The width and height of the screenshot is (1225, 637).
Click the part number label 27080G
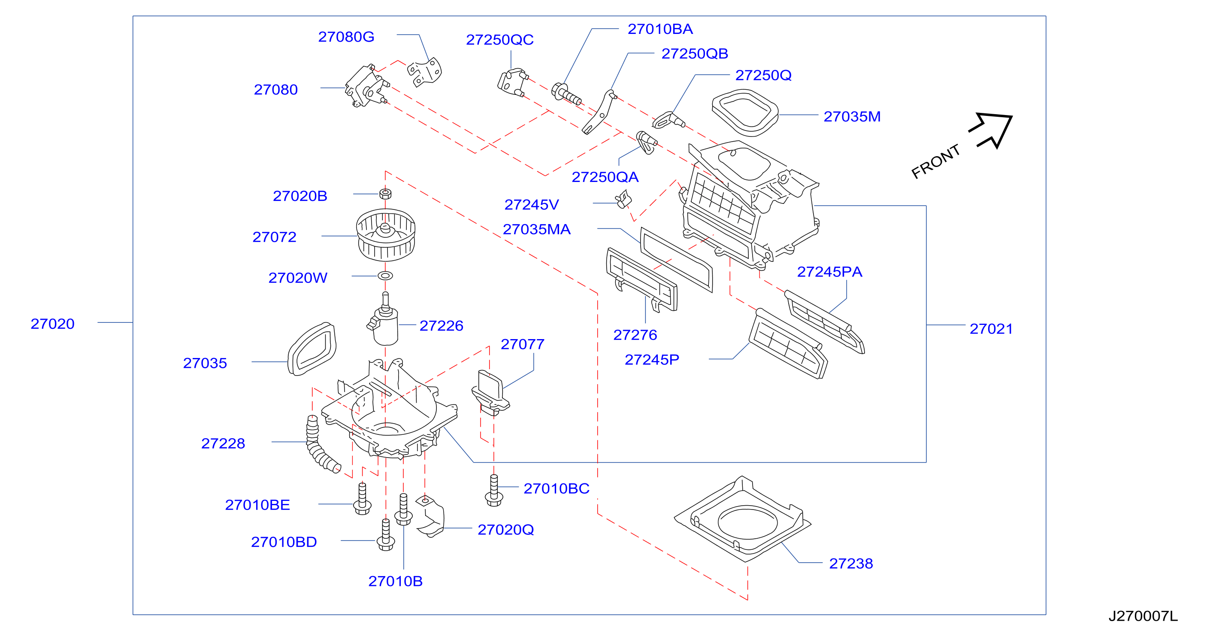(346, 36)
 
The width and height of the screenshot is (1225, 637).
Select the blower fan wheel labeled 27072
(386, 235)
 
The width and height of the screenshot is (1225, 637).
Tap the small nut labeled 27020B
(385, 194)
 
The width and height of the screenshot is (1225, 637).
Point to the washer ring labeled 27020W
(385, 276)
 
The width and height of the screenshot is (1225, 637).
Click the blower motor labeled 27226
(384, 321)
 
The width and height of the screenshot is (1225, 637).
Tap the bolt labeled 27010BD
(386, 535)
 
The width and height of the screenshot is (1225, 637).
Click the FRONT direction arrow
(992, 129)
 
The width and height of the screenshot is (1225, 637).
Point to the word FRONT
(935, 161)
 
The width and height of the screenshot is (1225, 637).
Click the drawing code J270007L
(1143, 616)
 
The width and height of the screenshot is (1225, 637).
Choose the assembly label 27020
(52, 324)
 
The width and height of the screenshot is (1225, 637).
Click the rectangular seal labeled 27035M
(745, 113)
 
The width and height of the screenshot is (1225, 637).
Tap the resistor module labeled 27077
(490, 392)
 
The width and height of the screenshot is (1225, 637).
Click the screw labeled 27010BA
(566, 93)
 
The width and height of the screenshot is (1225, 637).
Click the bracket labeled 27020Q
(430, 517)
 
